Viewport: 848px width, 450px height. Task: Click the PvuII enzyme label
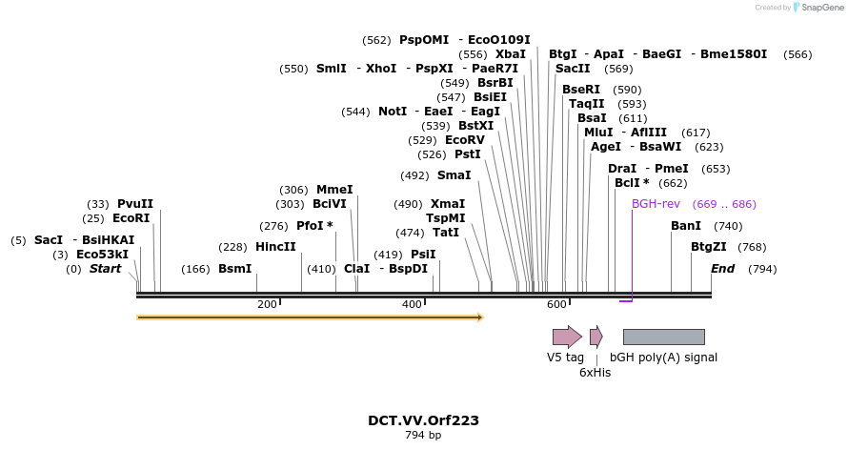coord(134,204)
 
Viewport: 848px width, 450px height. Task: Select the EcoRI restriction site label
coord(131,218)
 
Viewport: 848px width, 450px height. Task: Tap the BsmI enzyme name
coord(235,269)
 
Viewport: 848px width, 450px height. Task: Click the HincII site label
coord(275,247)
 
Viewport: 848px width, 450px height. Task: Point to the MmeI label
coord(334,190)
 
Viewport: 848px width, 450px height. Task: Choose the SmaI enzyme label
coord(454,175)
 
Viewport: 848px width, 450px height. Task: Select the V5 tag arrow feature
coord(567,337)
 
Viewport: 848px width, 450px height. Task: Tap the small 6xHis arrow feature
coord(596,337)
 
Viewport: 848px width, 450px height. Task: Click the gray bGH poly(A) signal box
coord(663,337)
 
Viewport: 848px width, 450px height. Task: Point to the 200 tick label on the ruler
coord(267,304)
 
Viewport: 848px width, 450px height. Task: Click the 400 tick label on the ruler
coord(412,304)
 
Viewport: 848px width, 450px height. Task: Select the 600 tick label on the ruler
coord(556,304)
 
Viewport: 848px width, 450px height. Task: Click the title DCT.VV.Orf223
coord(423,420)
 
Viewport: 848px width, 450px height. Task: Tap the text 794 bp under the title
coord(423,436)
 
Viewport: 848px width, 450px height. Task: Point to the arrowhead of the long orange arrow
coord(480,317)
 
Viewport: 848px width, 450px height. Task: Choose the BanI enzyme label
coord(686,226)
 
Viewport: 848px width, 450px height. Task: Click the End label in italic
coord(722,269)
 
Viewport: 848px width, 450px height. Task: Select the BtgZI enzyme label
coord(709,247)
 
